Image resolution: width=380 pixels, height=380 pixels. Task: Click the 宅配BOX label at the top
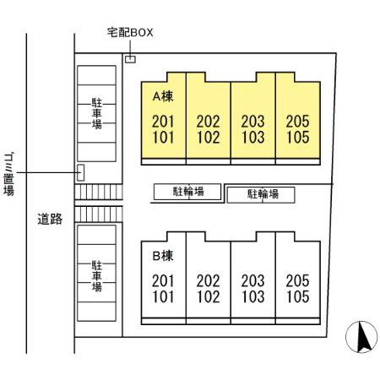point(130,34)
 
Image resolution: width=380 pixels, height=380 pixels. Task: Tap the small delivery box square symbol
point(130,59)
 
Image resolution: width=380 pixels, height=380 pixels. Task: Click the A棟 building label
point(162,97)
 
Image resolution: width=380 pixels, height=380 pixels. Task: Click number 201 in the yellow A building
point(163,121)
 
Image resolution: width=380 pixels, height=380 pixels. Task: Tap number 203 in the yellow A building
point(252,121)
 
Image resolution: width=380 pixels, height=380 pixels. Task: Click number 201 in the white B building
point(163,280)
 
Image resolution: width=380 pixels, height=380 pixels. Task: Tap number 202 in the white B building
point(208,280)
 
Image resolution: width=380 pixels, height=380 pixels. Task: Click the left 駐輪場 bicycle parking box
point(188,192)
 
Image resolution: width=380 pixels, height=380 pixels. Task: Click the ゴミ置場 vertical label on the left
point(8,173)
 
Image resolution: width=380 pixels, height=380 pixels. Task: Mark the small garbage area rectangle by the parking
point(81,173)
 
